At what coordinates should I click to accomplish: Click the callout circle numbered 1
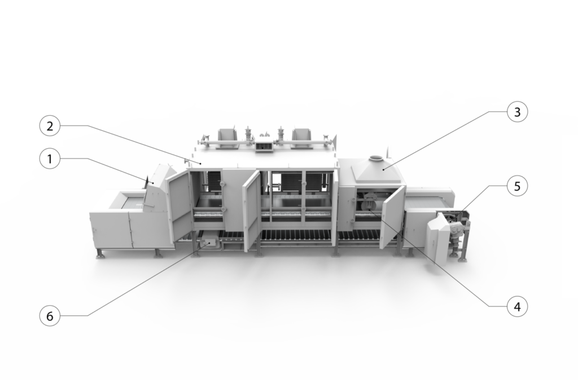click(50, 159)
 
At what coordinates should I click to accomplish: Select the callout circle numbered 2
click(50, 126)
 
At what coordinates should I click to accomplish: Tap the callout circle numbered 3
click(517, 112)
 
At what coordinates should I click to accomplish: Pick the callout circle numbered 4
click(517, 306)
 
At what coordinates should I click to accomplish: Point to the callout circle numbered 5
click(517, 186)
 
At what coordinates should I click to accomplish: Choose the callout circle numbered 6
click(50, 316)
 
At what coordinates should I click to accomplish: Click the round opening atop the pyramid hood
click(376, 158)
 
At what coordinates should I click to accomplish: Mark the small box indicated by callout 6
click(208, 244)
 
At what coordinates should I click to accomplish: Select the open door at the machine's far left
click(180, 205)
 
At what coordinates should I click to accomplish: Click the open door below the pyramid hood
click(393, 217)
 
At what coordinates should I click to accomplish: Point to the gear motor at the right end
click(456, 233)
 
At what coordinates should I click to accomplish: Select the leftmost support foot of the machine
click(99, 254)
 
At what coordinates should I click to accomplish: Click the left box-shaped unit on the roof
click(227, 139)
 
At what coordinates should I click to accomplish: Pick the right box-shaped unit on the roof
click(302, 139)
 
